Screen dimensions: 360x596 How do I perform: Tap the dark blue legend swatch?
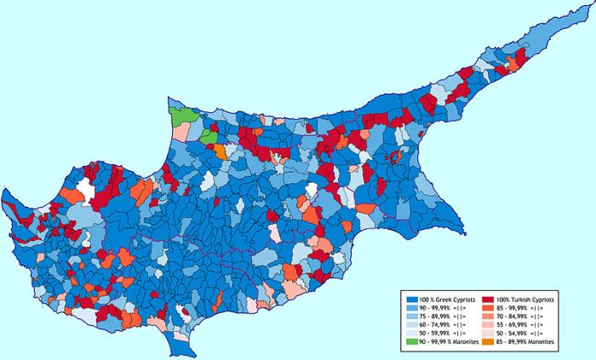click(411, 300)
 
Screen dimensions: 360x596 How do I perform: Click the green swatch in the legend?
click(411, 341)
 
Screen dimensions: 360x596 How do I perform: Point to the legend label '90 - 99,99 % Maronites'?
click(448, 341)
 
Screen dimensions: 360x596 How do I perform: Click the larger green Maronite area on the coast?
click(182, 115)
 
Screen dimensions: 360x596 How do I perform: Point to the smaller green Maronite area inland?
click(208, 135)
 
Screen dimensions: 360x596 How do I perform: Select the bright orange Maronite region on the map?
click(220, 151)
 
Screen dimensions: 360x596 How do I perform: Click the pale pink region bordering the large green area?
click(181, 132)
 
